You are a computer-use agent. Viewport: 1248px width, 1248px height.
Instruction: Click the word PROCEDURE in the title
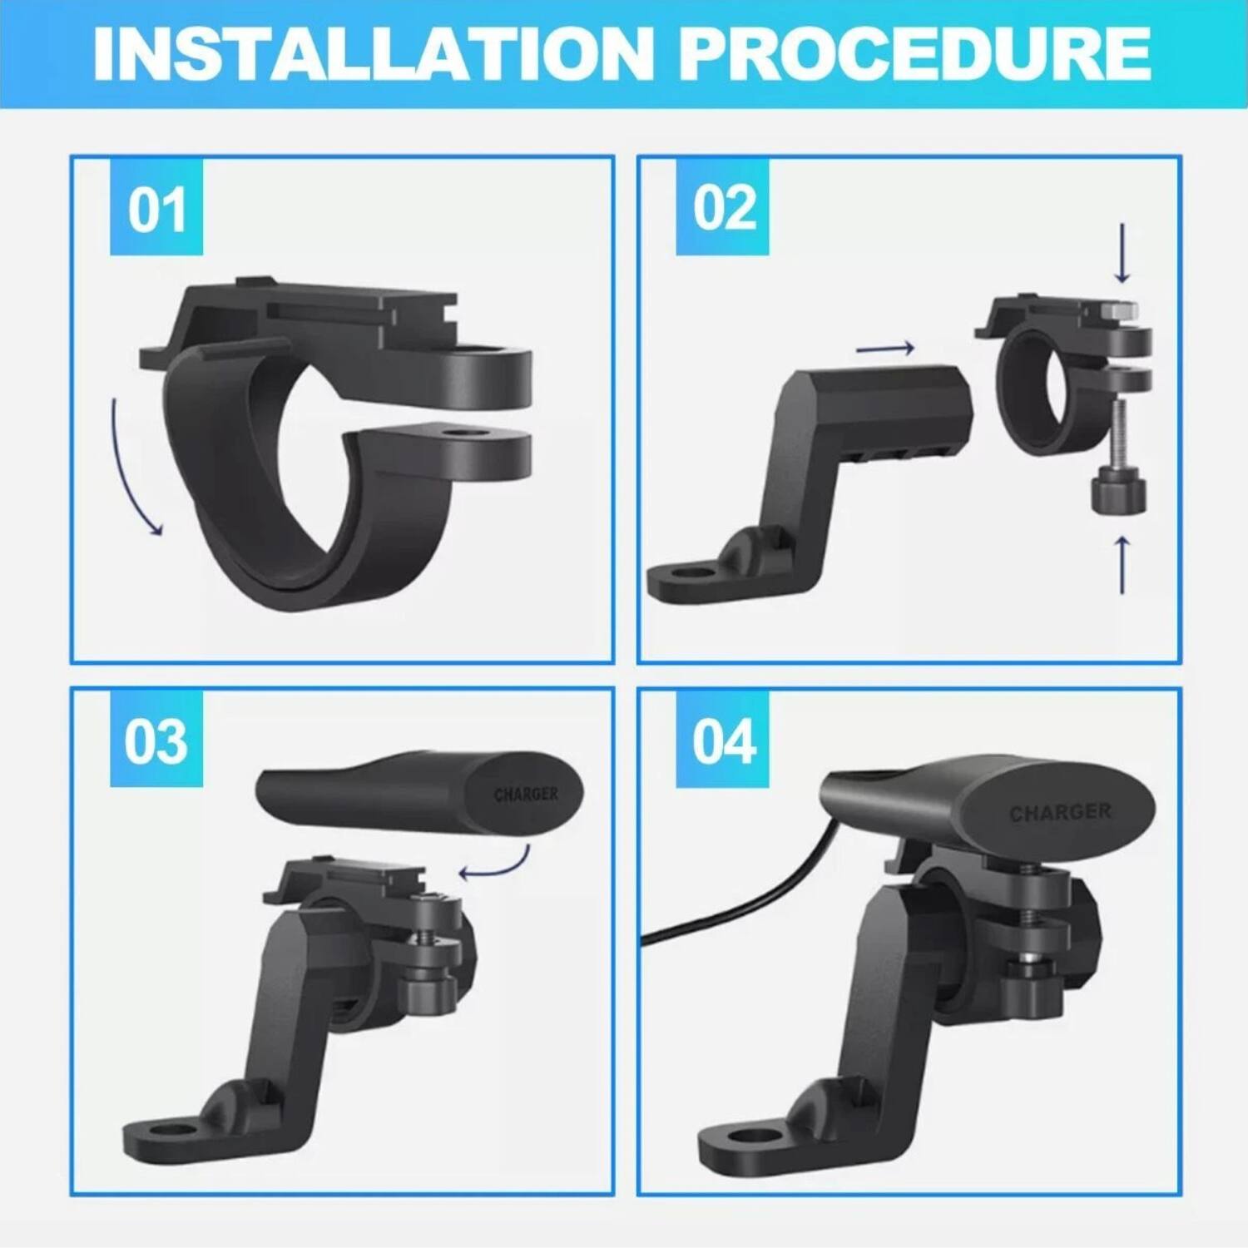pyautogui.click(x=914, y=54)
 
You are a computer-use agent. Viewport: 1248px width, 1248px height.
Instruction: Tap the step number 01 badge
pyautogui.click(x=156, y=210)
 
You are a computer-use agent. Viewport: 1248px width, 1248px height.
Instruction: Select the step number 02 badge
pyautogui.click(x=723, y=208)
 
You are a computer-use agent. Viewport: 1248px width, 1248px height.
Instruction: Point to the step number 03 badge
pyautogui.click(x=156, y=740)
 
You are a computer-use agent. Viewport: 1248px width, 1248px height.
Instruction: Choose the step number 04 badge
pyautogui.click(x=723, y=740)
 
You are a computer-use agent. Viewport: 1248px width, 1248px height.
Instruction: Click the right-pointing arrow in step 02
pyautogui.click(x=885, y=349)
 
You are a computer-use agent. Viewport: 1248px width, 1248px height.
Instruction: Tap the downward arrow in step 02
pyautogui.click(x=1122, y=253)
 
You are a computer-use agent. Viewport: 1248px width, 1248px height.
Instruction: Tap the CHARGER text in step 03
pyautogui.click(x=526, y=795)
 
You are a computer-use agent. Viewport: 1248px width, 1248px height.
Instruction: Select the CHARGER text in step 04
pyautogui.click(x=1060, y=812)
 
